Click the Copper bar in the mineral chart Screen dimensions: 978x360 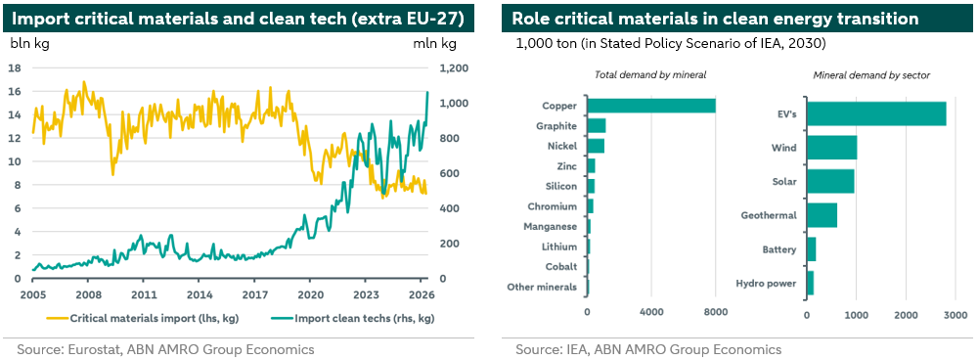(651, 106)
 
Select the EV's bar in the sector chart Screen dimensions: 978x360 (876, 113)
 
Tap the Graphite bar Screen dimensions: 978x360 (597, 125)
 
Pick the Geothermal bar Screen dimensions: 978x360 (822, 215)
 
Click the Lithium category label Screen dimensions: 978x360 (560, 247)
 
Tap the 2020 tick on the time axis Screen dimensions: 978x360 (310, 295)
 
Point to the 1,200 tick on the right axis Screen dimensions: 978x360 (453, 68)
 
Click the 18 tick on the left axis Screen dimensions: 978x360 (17, 68)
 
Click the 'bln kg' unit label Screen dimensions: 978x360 (30, 44)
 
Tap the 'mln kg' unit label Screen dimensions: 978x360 (435, 44)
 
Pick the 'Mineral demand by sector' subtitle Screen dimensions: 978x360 (871, 75)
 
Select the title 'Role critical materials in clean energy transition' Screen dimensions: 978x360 (715, 19)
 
